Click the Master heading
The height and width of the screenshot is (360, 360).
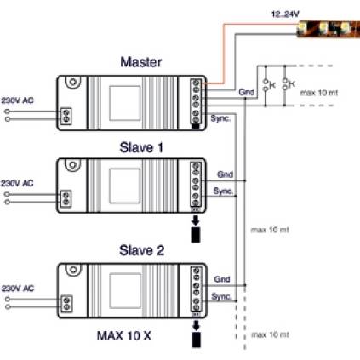point(141,62)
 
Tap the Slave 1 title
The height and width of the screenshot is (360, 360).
point(141,147)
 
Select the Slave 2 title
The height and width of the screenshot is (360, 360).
point(141,250)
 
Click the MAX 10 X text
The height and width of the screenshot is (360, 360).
point(124,336)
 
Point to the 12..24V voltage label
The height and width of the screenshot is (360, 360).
point(285,14)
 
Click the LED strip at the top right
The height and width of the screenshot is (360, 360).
point(329,29)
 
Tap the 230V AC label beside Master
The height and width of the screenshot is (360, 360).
point(17,100)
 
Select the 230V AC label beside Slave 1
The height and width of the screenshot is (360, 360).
point(17,183)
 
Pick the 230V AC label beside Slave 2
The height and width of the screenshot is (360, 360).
point(18,289)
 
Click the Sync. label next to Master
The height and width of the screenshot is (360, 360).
point(220,118)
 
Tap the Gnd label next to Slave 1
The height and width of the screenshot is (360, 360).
point(225,174)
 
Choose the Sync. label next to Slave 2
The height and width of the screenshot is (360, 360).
point(221,297)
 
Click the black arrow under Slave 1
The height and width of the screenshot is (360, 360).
point(196,220)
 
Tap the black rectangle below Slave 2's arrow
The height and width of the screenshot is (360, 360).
point(197,340)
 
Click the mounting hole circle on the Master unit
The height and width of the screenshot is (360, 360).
point(73,83)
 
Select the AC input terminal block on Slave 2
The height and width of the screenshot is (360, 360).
point(66,304)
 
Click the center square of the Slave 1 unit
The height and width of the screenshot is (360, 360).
point(125,186)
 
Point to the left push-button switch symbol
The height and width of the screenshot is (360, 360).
point(266,85)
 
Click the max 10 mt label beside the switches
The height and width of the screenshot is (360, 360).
point(319,93)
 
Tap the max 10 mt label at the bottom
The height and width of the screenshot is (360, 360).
point(270,334)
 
